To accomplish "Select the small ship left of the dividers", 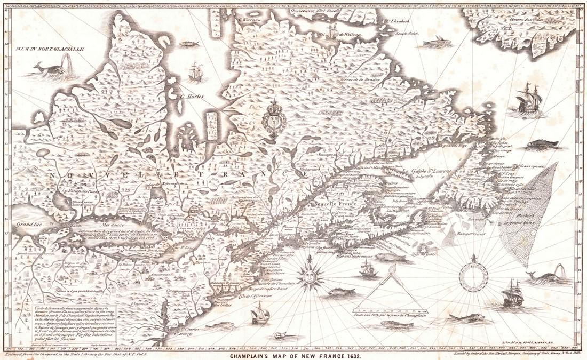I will click(x=369, y=269).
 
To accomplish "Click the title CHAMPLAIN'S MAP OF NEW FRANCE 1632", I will click(x=296, y=355).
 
